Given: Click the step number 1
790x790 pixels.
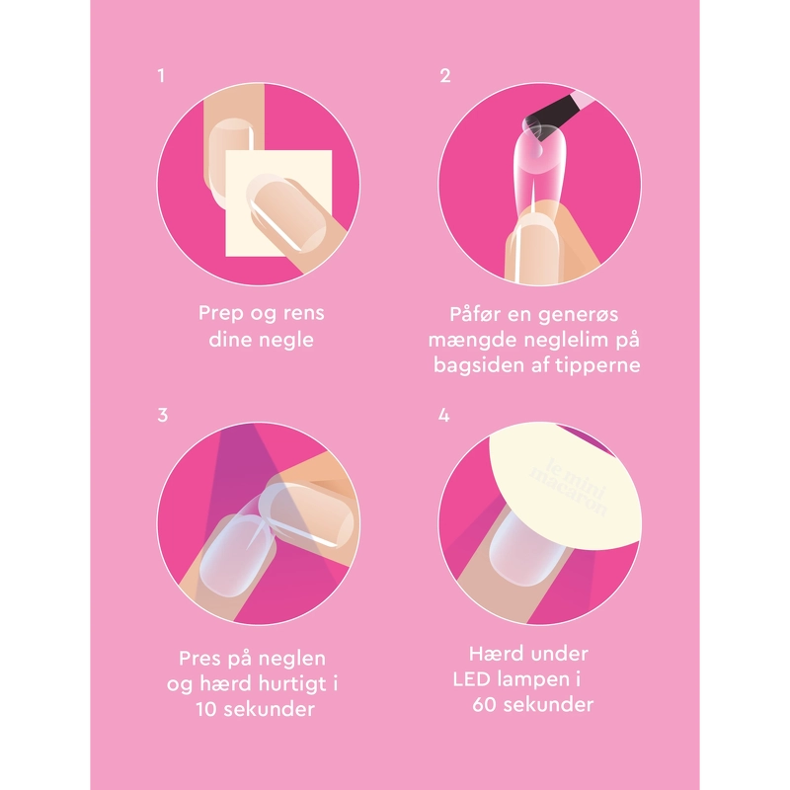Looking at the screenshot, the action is tap(161, 76).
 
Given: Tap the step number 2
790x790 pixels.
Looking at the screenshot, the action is tap(445, 76).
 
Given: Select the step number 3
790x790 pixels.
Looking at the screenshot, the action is tap(162, 415).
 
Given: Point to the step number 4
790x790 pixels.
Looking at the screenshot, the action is tap(443, 415).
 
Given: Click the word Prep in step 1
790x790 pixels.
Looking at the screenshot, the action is tap(220, 313).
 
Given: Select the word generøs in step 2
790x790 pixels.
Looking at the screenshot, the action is tap(578, 315).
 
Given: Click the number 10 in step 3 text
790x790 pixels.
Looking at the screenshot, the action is tap(206, 709).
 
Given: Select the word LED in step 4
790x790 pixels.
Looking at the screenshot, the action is tap(471, 679).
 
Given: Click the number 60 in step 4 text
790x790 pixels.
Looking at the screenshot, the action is tap(485, 704).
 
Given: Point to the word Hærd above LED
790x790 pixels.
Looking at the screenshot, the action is tap(493, 654).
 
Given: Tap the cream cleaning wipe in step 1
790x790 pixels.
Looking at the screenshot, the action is tap(278, 202).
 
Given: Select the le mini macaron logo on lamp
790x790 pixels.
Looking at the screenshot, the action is tap(570, 487).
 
